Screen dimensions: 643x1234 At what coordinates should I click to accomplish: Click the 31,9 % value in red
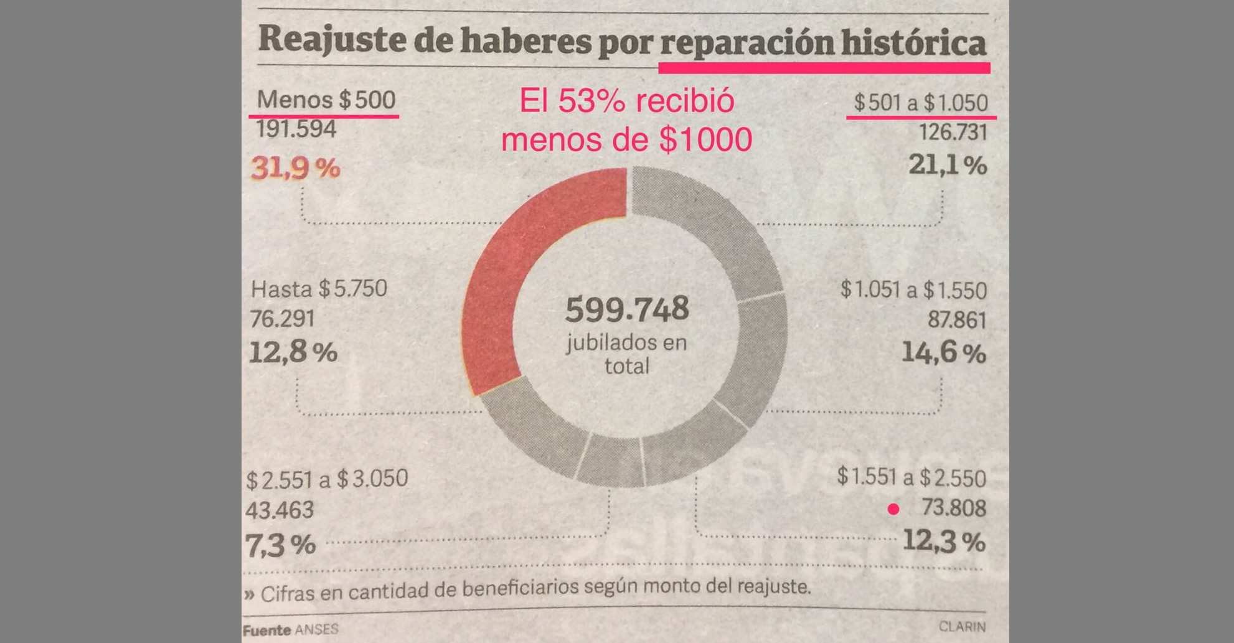[x=296, y=168]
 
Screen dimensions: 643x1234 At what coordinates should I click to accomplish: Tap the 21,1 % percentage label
[x=947, y=166]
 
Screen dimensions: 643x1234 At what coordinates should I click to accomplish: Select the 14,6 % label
[x=943, y=353]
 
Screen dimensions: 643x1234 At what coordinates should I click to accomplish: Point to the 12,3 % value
[x=943, y=541]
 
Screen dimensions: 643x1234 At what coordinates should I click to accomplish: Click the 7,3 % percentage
[x=281, y=545]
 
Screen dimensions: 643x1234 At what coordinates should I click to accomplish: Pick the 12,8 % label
[x=293, y=352]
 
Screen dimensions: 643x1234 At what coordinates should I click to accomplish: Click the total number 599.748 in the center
[x=627, y=309]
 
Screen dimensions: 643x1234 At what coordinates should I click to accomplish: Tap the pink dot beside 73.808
[x=893, y=509]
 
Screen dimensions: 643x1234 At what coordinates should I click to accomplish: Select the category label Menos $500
[x=326, y=100]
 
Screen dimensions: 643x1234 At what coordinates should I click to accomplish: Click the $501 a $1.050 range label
[x=920, y=103]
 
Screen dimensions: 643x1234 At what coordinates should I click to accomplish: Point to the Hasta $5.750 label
[x=319, y=289]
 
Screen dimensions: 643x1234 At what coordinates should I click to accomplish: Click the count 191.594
[x=296, y=129]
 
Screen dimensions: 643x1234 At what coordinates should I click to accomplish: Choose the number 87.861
[x=957, y=320]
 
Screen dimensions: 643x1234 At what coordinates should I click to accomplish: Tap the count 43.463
[x=280, y=510]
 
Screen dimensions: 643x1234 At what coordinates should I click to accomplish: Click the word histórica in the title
[x=913, y=42]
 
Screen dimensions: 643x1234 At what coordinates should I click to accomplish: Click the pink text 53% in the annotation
[x=591, y=101]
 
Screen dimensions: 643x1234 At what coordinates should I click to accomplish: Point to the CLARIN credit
[x=962, y=626]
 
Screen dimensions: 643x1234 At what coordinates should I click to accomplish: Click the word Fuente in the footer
[x=266, y=630]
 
